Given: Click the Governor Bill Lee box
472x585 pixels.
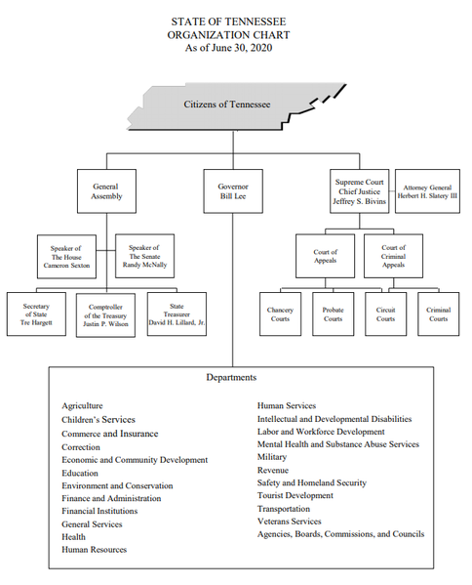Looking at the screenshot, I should coord(233,190).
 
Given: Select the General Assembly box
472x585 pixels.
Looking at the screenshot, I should coord(105,190).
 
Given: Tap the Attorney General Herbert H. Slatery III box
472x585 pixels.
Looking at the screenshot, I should coord(429,190).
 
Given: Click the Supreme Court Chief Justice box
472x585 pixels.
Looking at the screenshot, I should coord(360,190).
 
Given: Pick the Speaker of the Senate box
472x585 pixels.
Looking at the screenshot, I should coord(145,256).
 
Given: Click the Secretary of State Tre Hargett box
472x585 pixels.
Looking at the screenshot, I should coord(35,313).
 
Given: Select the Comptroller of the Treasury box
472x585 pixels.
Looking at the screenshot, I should coord(105,314).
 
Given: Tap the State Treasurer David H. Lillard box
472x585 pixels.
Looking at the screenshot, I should coord(176,313).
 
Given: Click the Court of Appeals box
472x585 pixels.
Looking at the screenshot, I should coord(325,257).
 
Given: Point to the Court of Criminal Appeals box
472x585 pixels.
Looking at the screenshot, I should coord(394,257).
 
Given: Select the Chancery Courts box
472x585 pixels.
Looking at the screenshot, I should coord(280,313).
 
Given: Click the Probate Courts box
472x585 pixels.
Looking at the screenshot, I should coord(333,313).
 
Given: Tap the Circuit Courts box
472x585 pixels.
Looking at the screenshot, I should coord(385,313).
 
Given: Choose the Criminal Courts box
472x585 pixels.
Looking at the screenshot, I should coord(439,313).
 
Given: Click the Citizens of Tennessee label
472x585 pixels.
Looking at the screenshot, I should coord(226,104).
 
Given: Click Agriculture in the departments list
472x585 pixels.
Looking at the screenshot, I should coord(83,405).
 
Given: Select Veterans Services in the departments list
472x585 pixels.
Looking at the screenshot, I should coord(289,522).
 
